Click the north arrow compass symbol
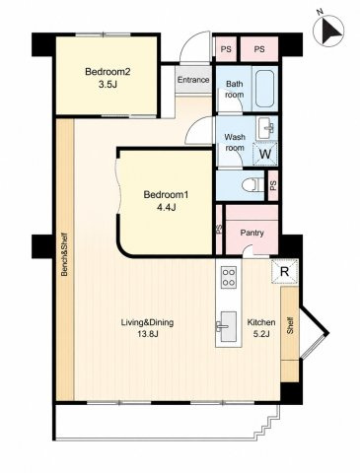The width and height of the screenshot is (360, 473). point(328,30)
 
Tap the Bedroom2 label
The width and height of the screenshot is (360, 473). point(108,72)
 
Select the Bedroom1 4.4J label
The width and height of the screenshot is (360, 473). point(166,201)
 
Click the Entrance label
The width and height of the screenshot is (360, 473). point(193,80)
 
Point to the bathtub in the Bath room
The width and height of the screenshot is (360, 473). point(264,89)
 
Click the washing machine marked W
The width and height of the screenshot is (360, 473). point(265,154)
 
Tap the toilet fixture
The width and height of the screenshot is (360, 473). point(253,185)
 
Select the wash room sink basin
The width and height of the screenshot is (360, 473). point(266,129)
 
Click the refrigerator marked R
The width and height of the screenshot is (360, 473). point(285,271)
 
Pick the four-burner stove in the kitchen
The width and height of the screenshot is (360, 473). point(229,277)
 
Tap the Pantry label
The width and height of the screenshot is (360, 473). point(252,233)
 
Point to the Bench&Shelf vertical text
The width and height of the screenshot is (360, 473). point(64,254)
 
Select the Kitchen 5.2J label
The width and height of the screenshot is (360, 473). point(261,328)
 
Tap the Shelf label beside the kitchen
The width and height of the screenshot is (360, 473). point(290,325)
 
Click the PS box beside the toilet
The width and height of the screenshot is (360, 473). point(273,186)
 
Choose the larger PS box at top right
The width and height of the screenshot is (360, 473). point(259,49)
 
